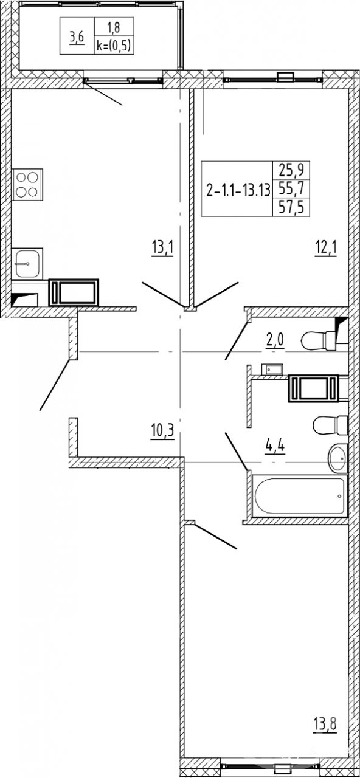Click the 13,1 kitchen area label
[162, 249]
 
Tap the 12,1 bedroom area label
[325, 249]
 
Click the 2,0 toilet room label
[275, 341]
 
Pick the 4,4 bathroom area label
[275, 446]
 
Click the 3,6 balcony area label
[77, 37]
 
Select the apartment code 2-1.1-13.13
[238, 190]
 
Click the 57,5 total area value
[291, 208]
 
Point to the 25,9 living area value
[291, 171]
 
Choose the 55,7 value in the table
[291, 189]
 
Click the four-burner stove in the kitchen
[27, 184]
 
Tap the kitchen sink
[27, 264]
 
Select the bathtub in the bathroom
[300, 495]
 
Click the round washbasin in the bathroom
[337, 458]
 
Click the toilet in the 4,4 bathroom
[330, 425]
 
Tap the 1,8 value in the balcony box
[114, 28]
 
